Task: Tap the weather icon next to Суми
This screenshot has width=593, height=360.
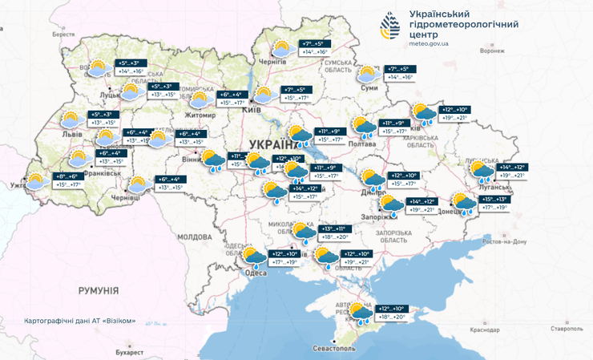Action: coord(368,75)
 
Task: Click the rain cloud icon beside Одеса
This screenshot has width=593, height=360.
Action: coord(254,257)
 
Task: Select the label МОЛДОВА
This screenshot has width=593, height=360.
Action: coord(193,237)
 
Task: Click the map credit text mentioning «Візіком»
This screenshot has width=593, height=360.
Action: coord(80,322)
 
